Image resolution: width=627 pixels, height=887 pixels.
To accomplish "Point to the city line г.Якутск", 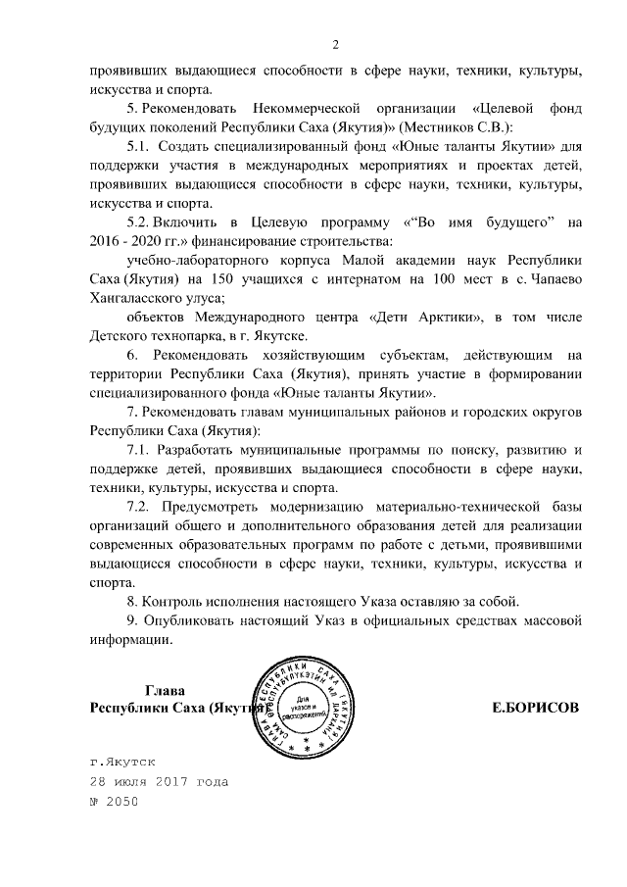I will click(x=122, y=760).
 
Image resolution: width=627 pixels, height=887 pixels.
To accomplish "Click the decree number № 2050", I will click(x=115, y=802).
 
